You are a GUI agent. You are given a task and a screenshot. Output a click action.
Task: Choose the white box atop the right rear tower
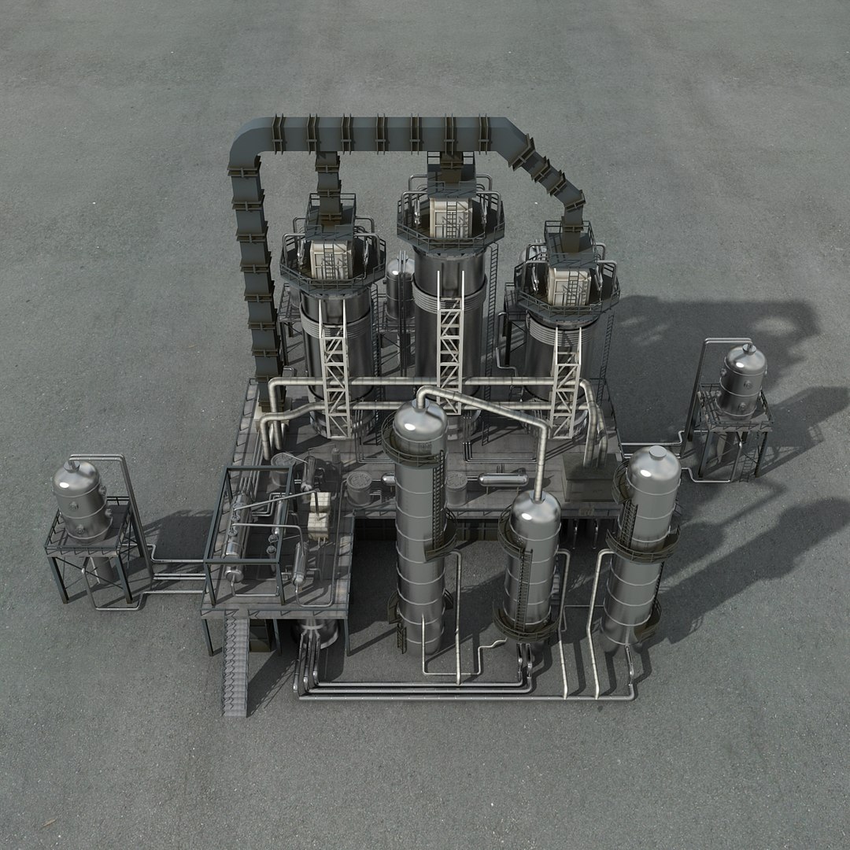pos(568,283)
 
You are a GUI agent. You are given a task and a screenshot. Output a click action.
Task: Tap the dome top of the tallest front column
pos(419,424)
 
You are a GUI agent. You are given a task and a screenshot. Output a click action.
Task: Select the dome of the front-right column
pos(653,468)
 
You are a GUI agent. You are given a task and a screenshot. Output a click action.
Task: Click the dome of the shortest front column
pos(535,512)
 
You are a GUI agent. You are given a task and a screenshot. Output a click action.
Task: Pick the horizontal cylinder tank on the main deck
pos(503,479)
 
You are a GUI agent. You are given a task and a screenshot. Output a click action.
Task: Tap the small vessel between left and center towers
pos(399,283)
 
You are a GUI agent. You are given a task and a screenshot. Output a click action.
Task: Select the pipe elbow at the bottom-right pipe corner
pos(630,693)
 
